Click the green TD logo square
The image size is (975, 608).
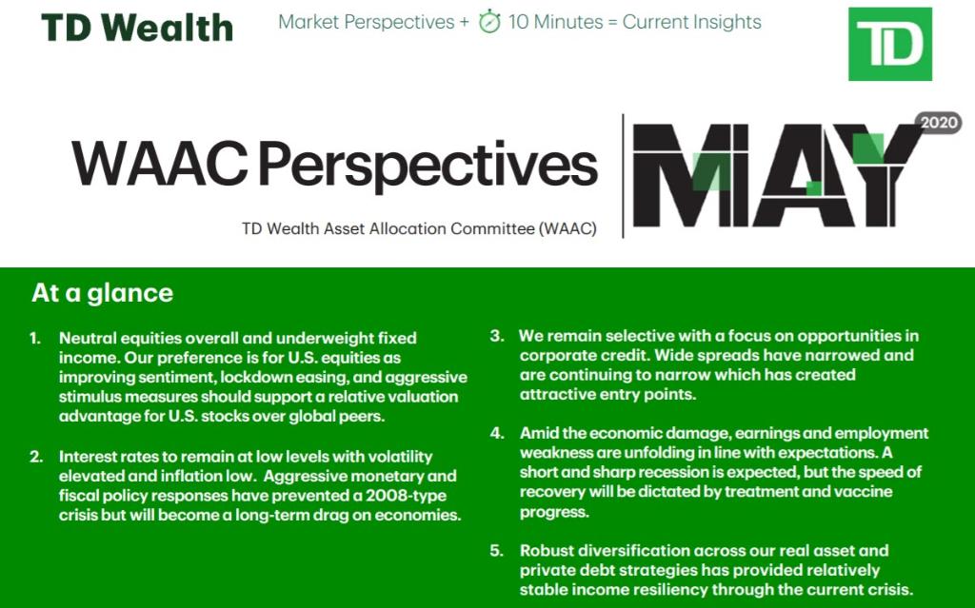click(889, 44)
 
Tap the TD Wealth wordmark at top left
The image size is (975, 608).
click(137, 28)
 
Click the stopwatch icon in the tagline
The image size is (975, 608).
click(489, 23)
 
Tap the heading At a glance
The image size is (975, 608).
click(102, 293)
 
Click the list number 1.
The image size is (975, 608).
click(35, 339)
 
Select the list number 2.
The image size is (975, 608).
click(36, 457)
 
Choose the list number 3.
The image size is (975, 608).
click(497, 337)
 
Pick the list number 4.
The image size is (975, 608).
click(497, 434)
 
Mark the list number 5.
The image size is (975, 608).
click(497, 551)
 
